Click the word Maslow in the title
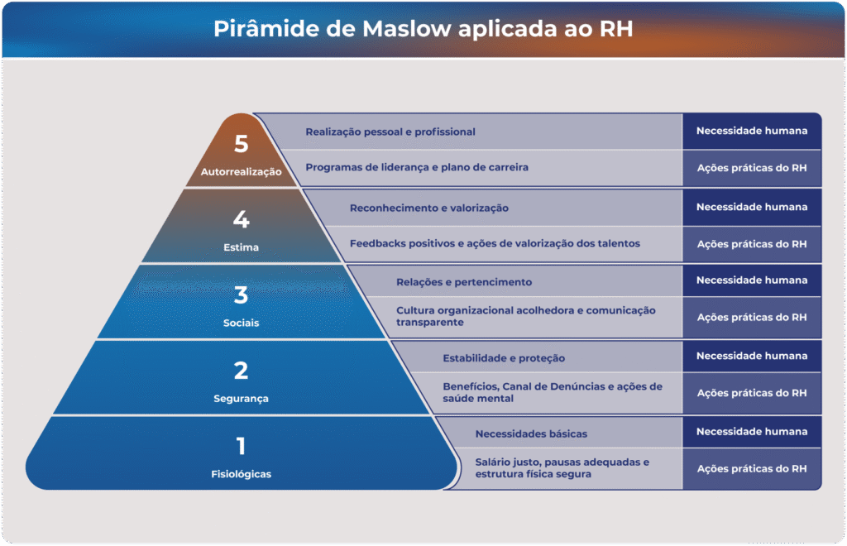[406, 29]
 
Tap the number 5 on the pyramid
[241, 144]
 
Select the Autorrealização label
[241, 172]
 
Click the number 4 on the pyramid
[241, 219]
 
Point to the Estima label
[241, 247]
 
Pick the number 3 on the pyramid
[241, 295]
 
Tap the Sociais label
[241, 323]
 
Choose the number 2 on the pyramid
[241, 371]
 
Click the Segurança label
[241, 399]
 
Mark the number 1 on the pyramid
[241, 446]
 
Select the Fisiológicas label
[241, 474]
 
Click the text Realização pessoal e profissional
[390, 132]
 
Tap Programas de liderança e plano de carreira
[417, 167]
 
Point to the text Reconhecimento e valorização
[429, 208]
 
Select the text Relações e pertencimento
[463, 282]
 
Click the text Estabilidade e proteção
[504, 358]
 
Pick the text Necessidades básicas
[531, 433]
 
